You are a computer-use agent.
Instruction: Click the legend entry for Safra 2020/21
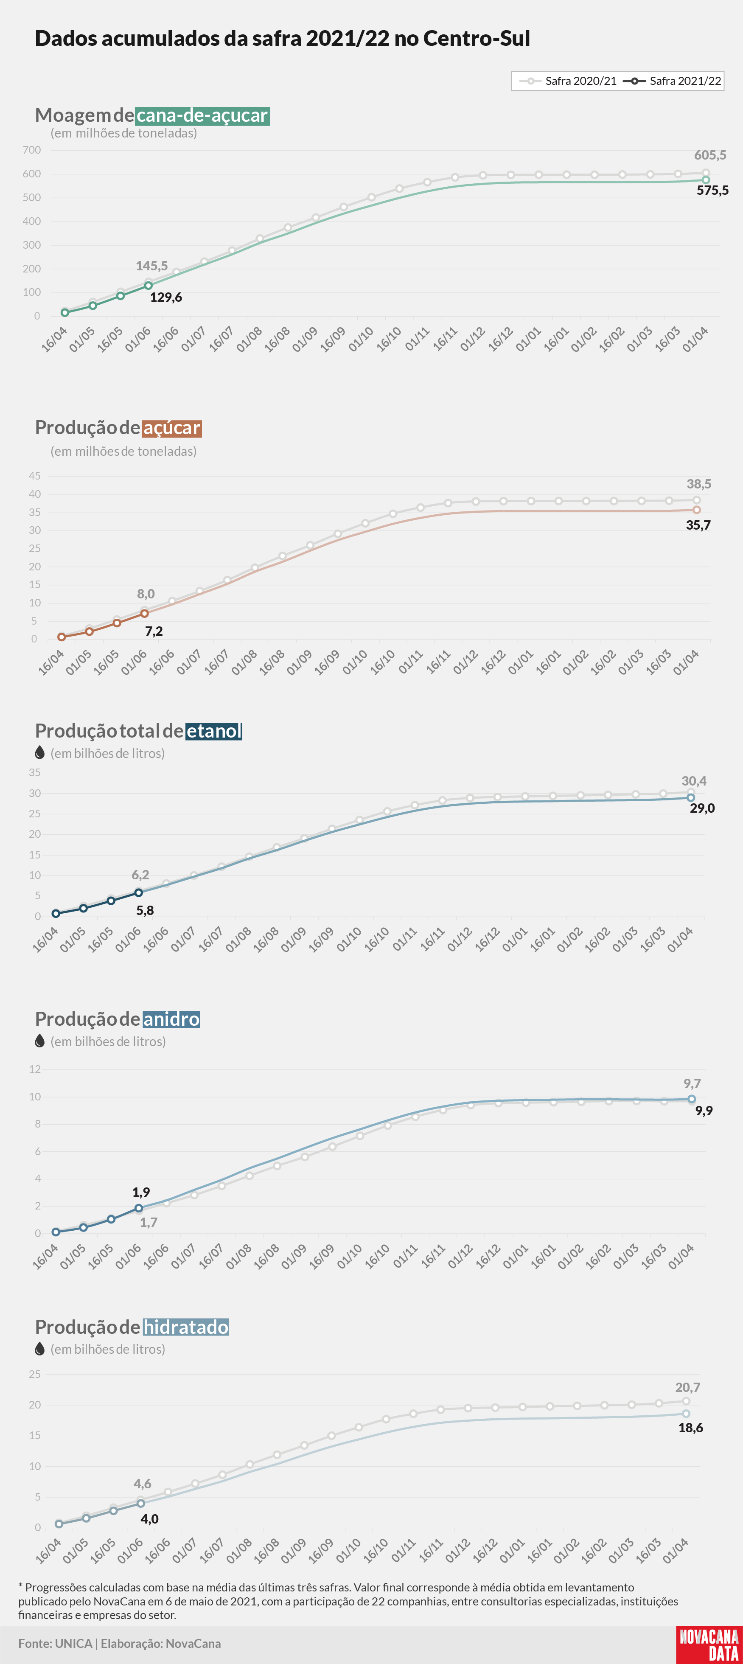pyautogui.click(x=568, y=81)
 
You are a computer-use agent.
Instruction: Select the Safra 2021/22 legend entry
pyautogui.click(x=672, y=81)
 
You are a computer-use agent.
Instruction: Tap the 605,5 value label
pyautogui.click(x=710, y=155)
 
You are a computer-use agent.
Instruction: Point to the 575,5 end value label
pyautogui.click(x=712, y=191)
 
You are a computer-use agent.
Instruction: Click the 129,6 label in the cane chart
pyautogui.click(x=166, y=297)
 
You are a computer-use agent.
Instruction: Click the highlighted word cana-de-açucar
pyautogui.click(x=203, y=115)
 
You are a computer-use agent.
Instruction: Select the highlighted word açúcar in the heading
pyautogui.click(x=172, y=428)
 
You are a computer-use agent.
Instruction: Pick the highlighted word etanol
pyautogui.click(x=214, y=731)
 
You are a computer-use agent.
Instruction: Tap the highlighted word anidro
pyautogui.click(x=171, y=1019)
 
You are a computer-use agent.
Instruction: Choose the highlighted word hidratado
pyautogui.click(x=186, y=1327)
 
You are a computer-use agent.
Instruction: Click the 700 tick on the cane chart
pyautogui.click(x=32, y=150)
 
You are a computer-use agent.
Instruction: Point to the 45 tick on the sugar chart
pyautogui.click(x=34, y=476)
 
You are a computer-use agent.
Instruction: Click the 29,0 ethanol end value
pyautogui.click(x=702, y=808)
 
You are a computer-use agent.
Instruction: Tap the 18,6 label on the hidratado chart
pyautogui.click(x=691, y=1428)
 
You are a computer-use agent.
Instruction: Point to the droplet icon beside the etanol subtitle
pyautogui.click(x=39, y=752)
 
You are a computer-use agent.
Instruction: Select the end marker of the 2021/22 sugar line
pyautogui.click(x=696, y=510)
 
